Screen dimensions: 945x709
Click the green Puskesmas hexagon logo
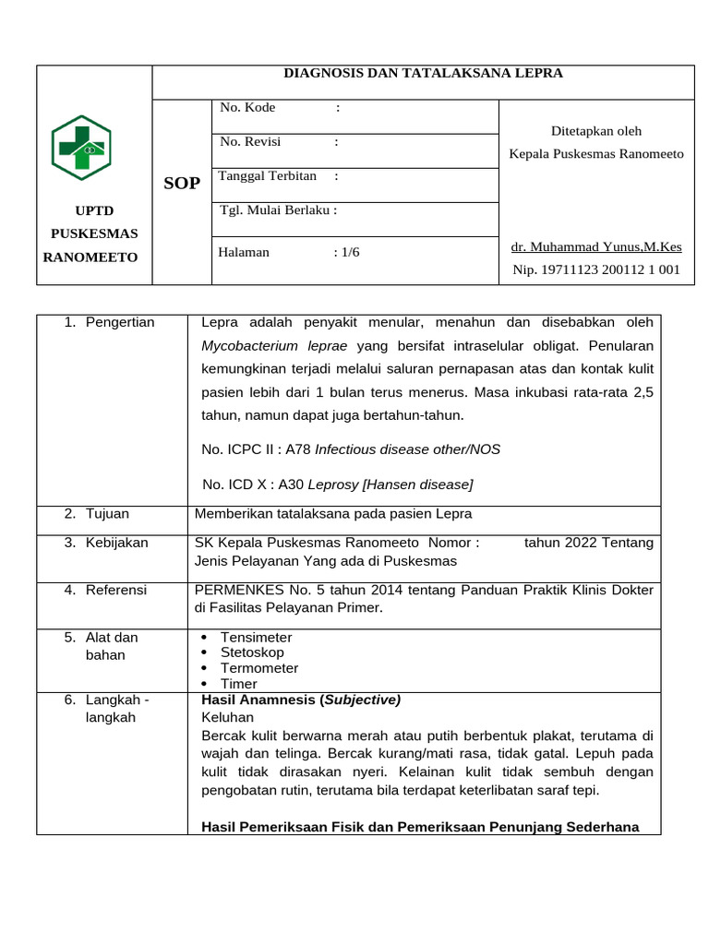[x=82, y=148]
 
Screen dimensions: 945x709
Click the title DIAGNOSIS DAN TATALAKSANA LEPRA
[x=422, y=73]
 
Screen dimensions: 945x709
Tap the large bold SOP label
[x=182, y=183]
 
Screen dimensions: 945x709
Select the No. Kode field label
[x=247, y=108]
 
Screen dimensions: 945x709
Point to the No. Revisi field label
[x=250, y=142]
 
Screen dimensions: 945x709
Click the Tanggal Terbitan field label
[x=268, y=175]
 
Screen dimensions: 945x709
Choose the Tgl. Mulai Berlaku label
[x=278, y=209]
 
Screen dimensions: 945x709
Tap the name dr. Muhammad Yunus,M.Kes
[x=596, y=246]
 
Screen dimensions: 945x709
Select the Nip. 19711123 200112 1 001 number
[x=596, y=269]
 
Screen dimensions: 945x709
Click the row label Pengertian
[x=120, y=322]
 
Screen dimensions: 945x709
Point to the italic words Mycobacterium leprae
[x=261, y=346]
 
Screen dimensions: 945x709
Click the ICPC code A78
[x=298, y=449]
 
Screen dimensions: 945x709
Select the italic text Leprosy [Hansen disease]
[x=390, y=484]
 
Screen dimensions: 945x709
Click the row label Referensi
[x=115, y=590]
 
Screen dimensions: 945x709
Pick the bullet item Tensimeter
[x=256, y=638]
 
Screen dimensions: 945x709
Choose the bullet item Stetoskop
[x=252, y=652]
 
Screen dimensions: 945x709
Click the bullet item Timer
[x=239, y=684]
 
